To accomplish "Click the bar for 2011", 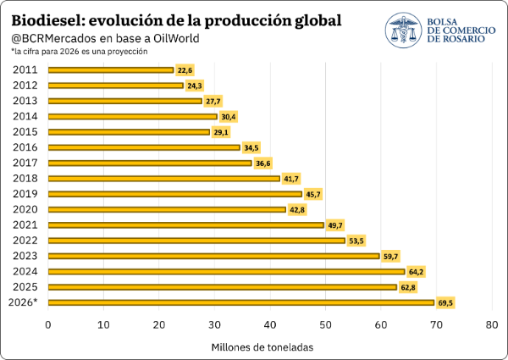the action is (x=111, y=70).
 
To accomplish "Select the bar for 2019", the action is (x=175, y=194).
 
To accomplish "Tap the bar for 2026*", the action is (x=241, y=302).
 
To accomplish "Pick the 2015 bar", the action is (x=129, y=132).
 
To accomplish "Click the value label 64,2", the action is (x=416, y=272).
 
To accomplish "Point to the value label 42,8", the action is (x=297, y=210).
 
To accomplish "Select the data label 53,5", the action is (x=356, y=241).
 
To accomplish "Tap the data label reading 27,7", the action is (x=213, y=101).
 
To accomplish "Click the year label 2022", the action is (x=25, y=241).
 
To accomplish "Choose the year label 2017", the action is (x=25, y=163).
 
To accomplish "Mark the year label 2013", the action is (x=25, y=101).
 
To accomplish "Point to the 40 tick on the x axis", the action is (x=270, y=324).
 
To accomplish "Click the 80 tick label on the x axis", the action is (x=492, y=324).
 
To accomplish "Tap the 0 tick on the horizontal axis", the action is (x=48, y=324).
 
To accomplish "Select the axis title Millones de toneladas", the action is (x=262, y=347).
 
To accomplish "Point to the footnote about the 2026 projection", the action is (x=80, y=52).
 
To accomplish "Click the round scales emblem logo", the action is (x=403, y=30).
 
